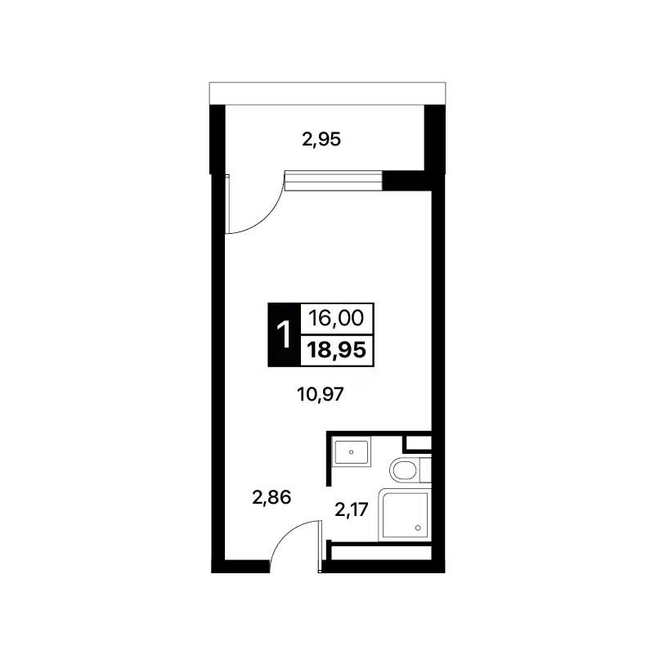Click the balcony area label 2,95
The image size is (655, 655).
tap(321, 140)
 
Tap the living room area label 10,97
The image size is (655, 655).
tap(321, 394)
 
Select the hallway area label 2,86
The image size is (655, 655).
tap(271, 497)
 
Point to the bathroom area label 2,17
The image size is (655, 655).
tap(352, 509)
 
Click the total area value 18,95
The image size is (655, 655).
tap(337, 350)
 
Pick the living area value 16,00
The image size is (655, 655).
tap(336, 318)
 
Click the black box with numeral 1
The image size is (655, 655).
tap(284, 334)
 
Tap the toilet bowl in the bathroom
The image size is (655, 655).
tap(404, 470)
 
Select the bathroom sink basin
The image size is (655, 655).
tap(352, 451)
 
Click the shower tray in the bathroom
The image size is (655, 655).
tap(404, 515)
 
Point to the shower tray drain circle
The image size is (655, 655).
tap(418, 528)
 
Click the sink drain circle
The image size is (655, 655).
tap(352, 452)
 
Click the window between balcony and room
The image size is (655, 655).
tap(334, 181)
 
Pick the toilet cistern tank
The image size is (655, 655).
tap(425, 470)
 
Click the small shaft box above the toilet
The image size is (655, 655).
tap(418, 442)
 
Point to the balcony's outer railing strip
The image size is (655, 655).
tap(327, 93)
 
